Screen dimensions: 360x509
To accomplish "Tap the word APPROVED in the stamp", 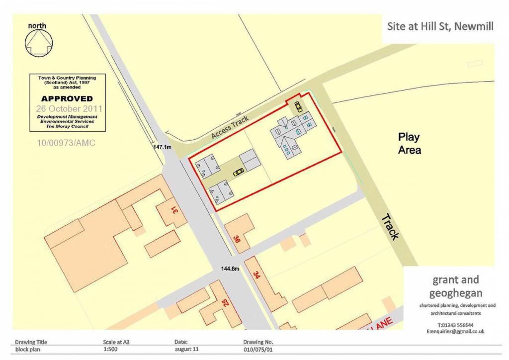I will [67, 98].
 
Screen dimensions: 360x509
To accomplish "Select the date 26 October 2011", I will [69, 108].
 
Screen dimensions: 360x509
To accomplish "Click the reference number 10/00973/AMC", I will [66, 143].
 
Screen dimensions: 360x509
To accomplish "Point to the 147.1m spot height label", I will [162, 147].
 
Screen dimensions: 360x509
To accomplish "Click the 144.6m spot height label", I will [231, 269].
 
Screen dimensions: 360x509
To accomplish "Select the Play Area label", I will [409, 143].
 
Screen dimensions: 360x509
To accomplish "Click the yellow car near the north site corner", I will [298, 106].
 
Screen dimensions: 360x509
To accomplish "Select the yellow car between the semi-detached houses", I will [239, 172].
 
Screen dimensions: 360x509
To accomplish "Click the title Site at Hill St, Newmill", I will [440, 26].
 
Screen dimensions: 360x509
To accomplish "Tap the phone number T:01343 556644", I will [455, 325].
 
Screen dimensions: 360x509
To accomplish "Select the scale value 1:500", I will [110, 350].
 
